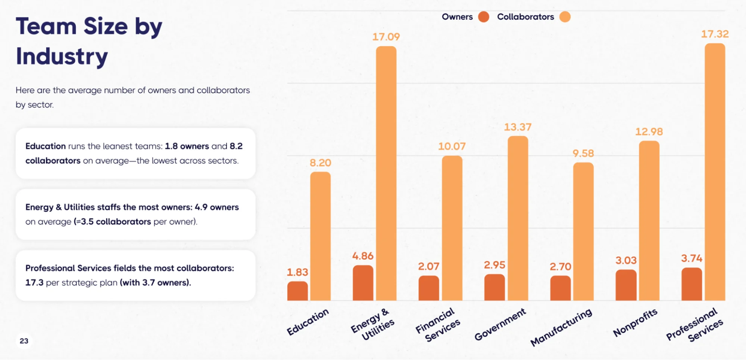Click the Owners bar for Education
[x=297, y=291]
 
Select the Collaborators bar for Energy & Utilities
[x=386, y=173]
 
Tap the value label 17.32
[x=715, y=34]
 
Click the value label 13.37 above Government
[x=518, y=127]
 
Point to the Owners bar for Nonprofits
[x=626, y=285]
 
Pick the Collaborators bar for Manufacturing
[x=583, y=231]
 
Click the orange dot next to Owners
[x=484, y=17]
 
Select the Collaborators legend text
[x=525, y=17]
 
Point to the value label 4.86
[x=363, y=256]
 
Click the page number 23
[x=24, y=341]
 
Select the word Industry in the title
[x=62, y=56]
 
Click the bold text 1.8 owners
[x=187, y=146]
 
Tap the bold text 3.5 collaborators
[x=116, y=222]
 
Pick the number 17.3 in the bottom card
[x=34, y=283]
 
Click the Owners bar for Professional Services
[x=692, y=284]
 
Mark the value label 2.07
[x=428, y=266]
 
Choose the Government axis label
[x=500, y=324]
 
